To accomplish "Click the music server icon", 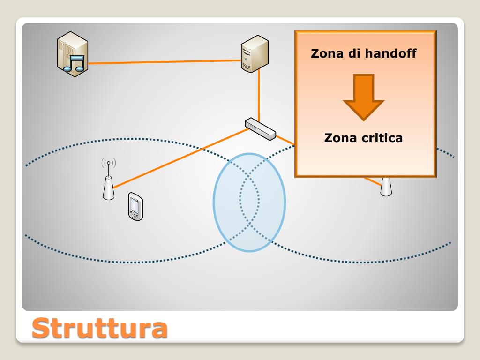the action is [x=73, y=53].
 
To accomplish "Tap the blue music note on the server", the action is [x=75, y=63].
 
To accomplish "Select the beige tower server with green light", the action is [x=255, y=54].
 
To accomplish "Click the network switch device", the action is [x=260, y=128].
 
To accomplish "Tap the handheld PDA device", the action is [x=135, y=206].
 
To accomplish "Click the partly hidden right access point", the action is [x=386, y=187].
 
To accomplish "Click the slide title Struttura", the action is [x=99, y=328].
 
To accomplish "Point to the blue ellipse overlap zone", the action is [x=249, y=202].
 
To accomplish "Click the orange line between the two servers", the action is [x=164, y=62].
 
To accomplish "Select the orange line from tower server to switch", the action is [x=258, y=94].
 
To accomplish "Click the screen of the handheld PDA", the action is [x=135, y=204].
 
